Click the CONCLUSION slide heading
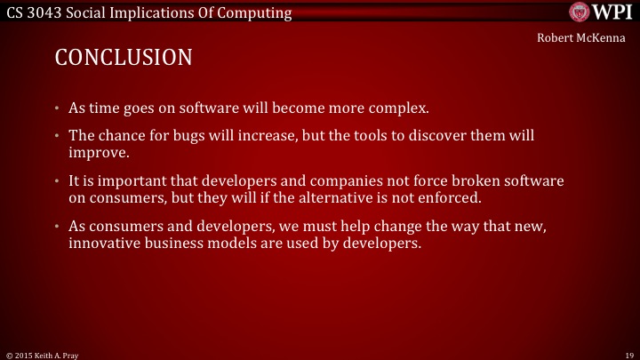(x=124, y=59)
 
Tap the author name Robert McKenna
(x=580, y=39)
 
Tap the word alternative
(x=298, y=196)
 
